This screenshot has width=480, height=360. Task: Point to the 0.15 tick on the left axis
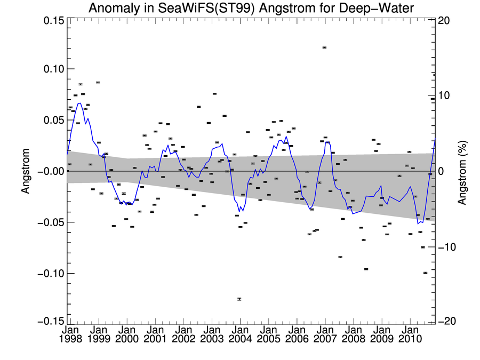point(53,20)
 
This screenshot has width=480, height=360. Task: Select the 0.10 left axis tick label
point(53,69)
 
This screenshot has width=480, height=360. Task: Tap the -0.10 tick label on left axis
point(51,274)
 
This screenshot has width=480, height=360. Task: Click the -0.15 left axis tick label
point(51,321)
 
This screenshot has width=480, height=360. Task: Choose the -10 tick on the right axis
point(445,247)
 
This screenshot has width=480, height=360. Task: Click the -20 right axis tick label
point(445,321)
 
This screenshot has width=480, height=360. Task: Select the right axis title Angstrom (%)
point(462,171)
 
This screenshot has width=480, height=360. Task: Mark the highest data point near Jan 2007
point(324,47)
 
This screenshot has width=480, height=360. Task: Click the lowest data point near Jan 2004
point(239,299)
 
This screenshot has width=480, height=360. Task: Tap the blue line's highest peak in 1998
point(79,103)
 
